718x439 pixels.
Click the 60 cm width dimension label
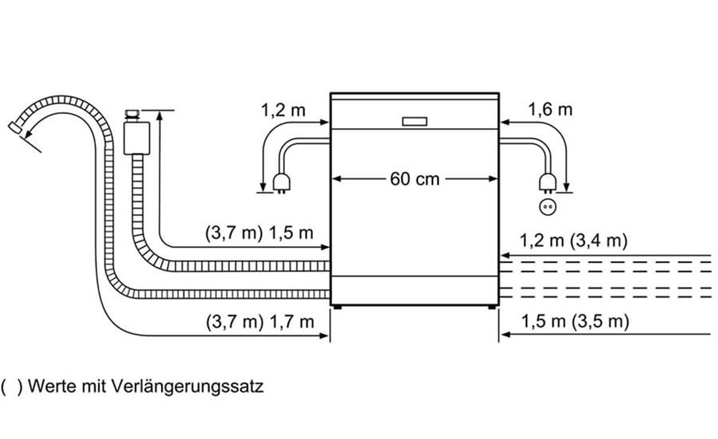[415, 179]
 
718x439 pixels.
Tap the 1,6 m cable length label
[550, 109]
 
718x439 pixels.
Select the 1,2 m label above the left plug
[283, 110]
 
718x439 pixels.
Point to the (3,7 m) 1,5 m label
[259, 233]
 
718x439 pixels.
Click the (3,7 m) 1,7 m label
[260, 322]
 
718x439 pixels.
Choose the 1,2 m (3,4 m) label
[573, 240]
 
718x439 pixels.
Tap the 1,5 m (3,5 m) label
[576, 321]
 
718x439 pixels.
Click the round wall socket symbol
[548, 207]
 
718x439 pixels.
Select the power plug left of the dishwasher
[282, 183]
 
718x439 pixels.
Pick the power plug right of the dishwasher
[548, 183]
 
